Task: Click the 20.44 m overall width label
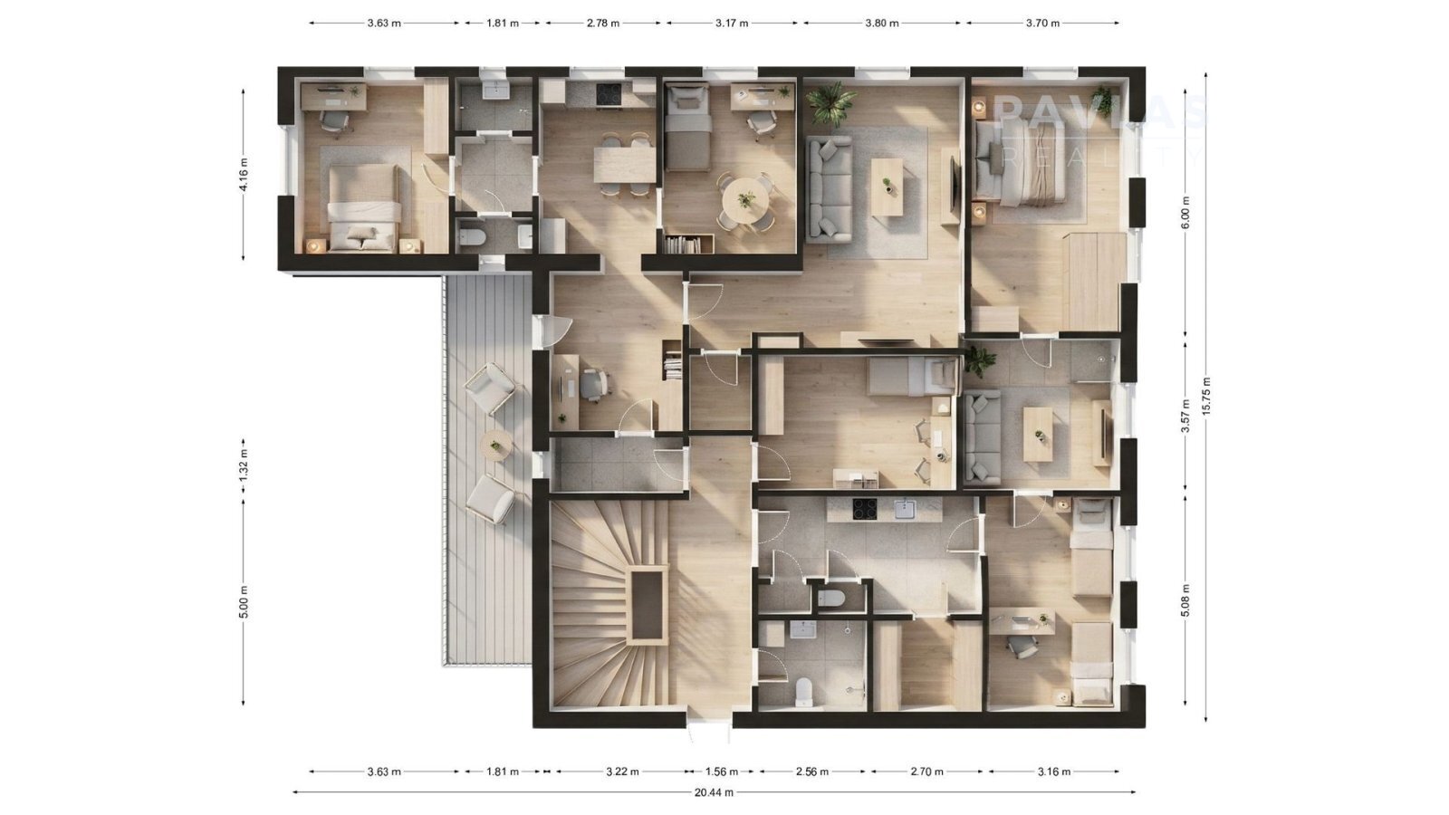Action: click(715, 791)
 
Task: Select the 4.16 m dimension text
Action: click(244, 175)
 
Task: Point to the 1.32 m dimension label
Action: click(244, 465)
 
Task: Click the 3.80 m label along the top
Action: click(882, 24)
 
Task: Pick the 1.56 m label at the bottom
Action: click(721, 771)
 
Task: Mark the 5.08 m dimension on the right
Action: click(1185, 600)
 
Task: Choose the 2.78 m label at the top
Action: click(603, 24)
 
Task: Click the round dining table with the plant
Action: click(747, 200)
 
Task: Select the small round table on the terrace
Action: click(497, 445)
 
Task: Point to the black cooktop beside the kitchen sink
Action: click(864, 509)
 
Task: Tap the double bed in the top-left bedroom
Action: click(362, 207)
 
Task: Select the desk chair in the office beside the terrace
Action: click(593, 385)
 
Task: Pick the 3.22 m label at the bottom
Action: click(622, 771)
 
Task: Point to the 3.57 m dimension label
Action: click(1185, 416)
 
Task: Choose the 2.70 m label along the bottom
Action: click(926, 771)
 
